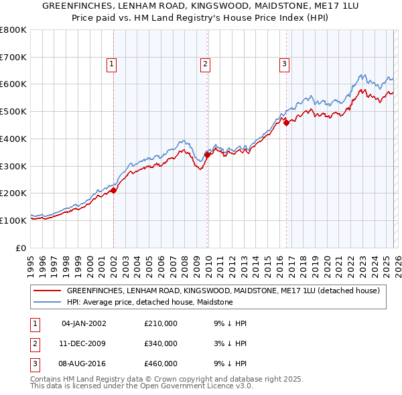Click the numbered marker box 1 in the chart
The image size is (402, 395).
(111, 64)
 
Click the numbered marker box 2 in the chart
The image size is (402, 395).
(205, 64)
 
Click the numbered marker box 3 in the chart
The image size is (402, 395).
(284, 64)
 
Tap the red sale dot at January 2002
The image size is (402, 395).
(113, 190)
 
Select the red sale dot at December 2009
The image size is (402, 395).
(208, 155)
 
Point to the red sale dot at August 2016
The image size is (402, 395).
(286, 123)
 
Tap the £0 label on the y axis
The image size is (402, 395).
(21, 248)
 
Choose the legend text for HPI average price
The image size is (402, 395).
(149, 302)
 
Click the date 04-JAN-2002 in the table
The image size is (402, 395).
(84, 323)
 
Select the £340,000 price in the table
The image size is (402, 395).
(161, 343)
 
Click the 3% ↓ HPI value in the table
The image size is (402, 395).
(232, 343)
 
